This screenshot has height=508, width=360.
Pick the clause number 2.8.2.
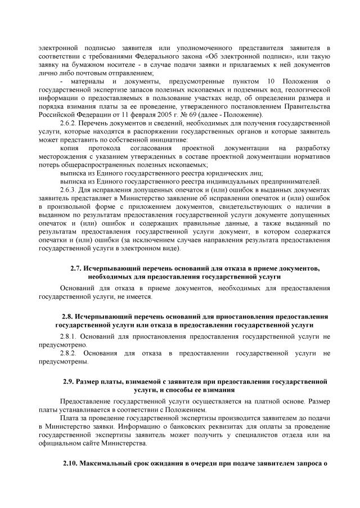coord(69,353)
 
